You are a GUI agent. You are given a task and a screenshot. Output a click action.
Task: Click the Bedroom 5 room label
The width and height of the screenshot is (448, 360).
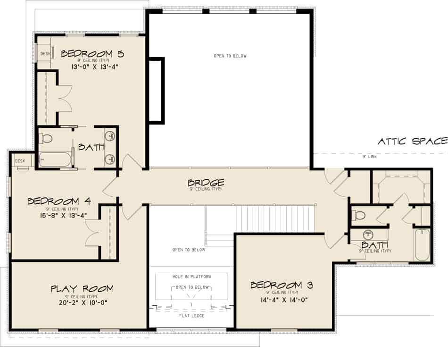click(x=92, y=53)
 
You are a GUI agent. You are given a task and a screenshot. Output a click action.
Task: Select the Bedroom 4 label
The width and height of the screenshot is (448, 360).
click(x=59, y=201)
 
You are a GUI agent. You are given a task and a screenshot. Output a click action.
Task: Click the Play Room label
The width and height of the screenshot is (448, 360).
click(x=82, y=289)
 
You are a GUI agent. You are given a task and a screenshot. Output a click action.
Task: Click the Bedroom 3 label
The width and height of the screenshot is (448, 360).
click(x=282, y=285)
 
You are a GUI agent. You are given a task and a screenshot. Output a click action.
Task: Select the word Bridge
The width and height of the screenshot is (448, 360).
click(x=206, y=183)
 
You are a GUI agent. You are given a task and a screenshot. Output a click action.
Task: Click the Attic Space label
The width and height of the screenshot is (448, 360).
click(x=412, y=141)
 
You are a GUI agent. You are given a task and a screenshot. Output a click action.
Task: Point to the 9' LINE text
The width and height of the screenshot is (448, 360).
click(x=369, y=157)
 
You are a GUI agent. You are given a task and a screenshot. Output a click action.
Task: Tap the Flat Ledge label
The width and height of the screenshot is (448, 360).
click(x=191, y=316)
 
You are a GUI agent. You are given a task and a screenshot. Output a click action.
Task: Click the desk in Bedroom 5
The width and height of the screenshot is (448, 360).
click(x=45, y=53)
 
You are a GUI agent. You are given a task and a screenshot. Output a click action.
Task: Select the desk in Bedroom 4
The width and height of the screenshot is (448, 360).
click(x=21, y=161)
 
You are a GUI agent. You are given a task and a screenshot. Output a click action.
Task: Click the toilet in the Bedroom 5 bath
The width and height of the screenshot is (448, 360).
click(x=46, y=139)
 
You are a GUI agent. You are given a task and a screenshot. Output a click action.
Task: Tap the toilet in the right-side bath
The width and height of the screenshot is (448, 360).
click(x=359, y=216)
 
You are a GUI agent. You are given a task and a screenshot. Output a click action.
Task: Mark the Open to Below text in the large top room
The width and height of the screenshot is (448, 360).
click(x=230, y=56)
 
